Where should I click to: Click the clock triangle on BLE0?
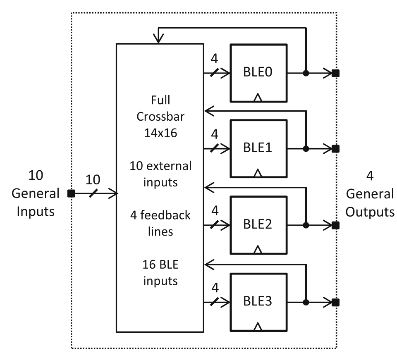point(258,98)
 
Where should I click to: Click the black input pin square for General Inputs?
point(71,193)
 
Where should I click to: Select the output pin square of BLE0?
point(335,74)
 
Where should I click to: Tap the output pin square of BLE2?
point(335,226)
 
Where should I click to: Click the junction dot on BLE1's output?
point(306,148)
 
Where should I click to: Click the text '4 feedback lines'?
point(160,223)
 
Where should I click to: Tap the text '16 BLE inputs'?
point(160,273)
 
